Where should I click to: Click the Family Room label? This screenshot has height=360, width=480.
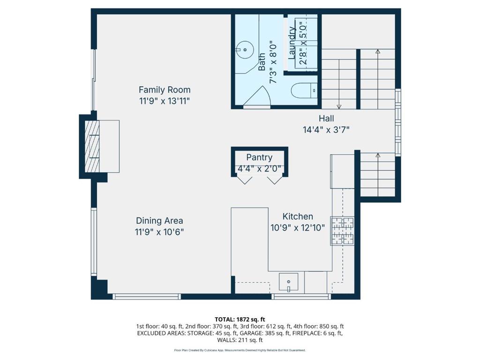click(x=165, y=90)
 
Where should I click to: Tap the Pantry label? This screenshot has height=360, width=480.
click(x=259, y=157)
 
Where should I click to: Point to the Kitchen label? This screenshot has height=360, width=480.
click(x=298, y=217)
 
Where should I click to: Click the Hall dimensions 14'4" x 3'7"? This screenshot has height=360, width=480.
click(x=326, y=130)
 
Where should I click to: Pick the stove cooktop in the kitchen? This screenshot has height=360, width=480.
click(x=343, y=231)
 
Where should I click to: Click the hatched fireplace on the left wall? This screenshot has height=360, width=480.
click(x=92, y=146)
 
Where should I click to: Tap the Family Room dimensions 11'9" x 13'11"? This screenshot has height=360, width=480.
click(x=165, y=101)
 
